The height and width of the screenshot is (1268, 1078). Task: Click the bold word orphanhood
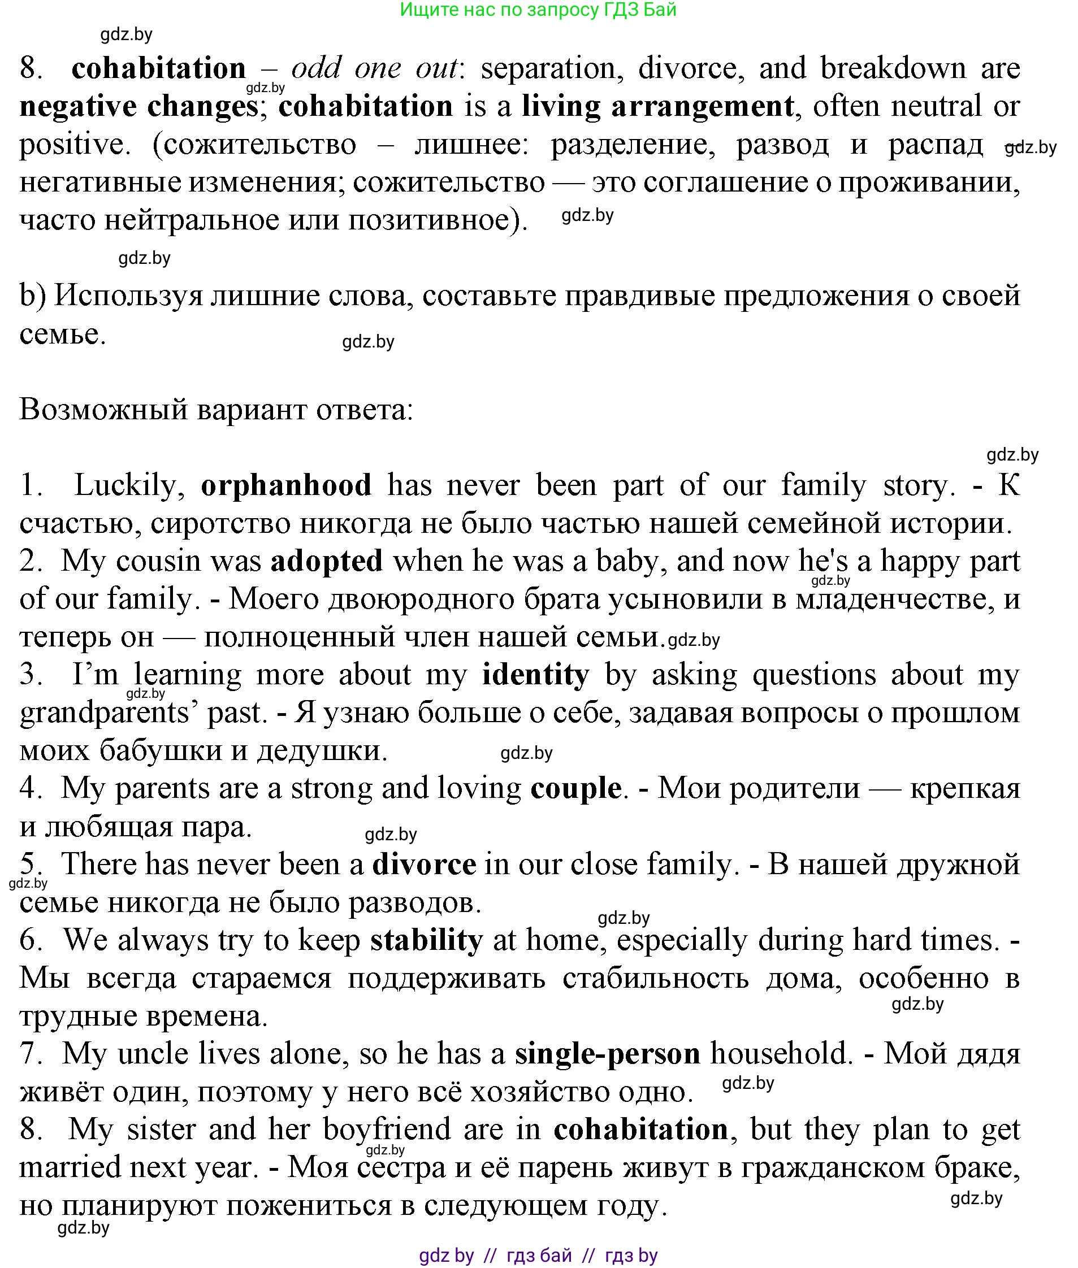click(285, 485)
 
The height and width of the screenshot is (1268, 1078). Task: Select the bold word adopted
click(326, 561)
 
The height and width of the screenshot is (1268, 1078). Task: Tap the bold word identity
click(535, 674)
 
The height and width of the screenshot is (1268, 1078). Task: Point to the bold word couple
click(575, 788)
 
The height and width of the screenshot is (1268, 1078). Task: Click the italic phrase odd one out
click(374, 68)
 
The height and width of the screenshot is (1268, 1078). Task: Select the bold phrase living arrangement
click(657, 106)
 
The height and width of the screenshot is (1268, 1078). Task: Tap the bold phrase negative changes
click(139, 106)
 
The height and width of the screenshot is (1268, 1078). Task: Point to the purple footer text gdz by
click(446, 1256)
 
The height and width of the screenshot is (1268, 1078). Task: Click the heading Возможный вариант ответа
click(217, 409)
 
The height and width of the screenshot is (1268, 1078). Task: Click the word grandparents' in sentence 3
click(107, 713)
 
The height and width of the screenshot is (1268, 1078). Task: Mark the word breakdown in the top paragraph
click(893, 68)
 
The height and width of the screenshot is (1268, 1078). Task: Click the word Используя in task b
click(128, 296)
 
